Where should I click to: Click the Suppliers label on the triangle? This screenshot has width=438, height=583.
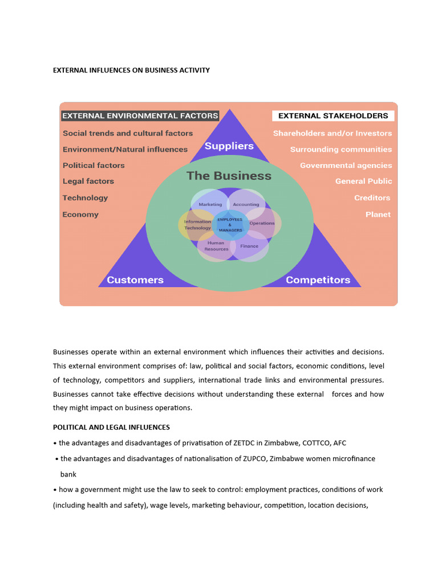click(229, 146)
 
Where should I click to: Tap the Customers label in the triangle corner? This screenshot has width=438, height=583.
click(135, 280)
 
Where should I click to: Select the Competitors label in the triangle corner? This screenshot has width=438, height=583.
click(318, 280)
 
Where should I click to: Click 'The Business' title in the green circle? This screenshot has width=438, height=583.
click(229, 176)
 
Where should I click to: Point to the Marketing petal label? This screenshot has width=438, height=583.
click(210, 204)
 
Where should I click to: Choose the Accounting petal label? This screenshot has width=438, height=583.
click(246, 204)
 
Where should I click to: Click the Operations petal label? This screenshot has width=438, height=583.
click(262, 223)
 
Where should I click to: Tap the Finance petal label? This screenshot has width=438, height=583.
click(249, 246)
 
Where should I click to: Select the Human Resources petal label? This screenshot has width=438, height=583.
click(216, 246)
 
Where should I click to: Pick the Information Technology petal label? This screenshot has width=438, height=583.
click(197, 225)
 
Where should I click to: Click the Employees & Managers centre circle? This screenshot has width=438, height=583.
click(230, 224)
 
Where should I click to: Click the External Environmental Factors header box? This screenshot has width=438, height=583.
click(140, 116)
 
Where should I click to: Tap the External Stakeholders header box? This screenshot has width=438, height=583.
click(333, 116)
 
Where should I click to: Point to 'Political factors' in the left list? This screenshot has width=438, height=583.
click(94, 165)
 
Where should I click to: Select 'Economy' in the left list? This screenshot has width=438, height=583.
click(80, 215)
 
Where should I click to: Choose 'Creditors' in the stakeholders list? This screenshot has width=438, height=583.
click(372, 198)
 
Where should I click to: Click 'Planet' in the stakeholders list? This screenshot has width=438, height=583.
click(378, 215)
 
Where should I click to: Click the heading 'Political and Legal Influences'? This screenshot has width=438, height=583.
click(111, 427)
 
